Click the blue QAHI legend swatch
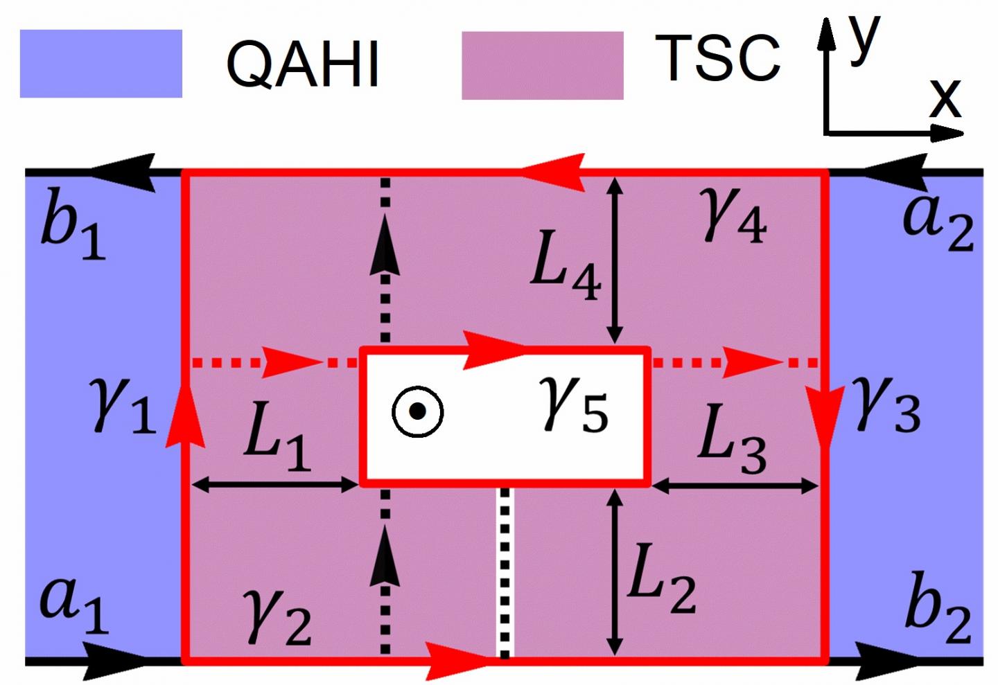(x=100, y=63)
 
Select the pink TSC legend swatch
(x=542, y=65)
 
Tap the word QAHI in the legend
(x=303, y=64)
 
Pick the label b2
(x=938, y=608)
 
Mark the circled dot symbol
(x=417, y=411)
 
